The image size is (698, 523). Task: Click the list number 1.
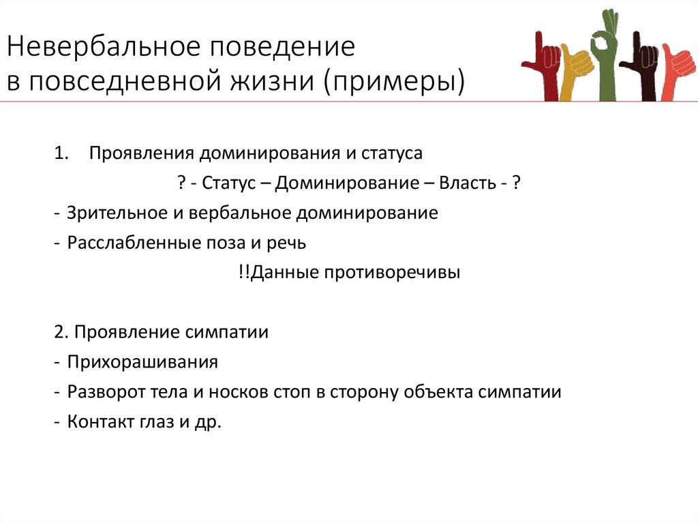pyautogui.click(x=61, y=153)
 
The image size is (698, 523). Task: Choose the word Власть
pyautogui.click(x=465, y=183)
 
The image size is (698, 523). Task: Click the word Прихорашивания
pyautogui.click(x=142, y=362)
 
